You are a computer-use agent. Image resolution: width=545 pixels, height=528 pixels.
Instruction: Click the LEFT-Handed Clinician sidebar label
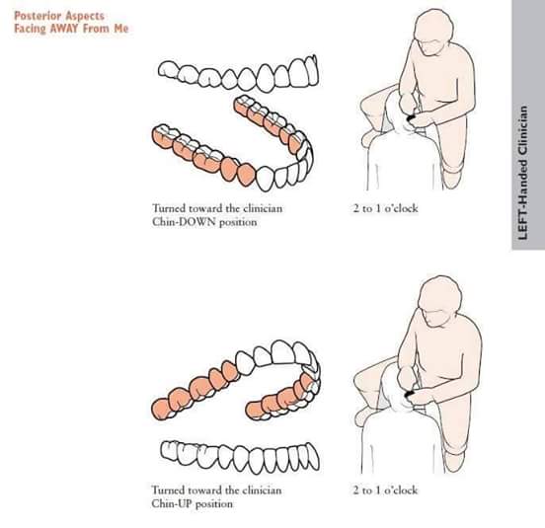[x=523, y=173]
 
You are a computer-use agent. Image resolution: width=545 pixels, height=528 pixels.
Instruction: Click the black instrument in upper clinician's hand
[x=411, y=118]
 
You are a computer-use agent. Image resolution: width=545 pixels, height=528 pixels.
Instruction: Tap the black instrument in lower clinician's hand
[x=410, y=394]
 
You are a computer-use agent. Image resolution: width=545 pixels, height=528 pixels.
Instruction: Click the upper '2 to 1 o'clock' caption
[x=385, y=208]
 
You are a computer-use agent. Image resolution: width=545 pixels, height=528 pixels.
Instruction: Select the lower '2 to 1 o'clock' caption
[x=385, y=490]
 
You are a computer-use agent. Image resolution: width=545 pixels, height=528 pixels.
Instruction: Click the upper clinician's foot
[x=452, y=179]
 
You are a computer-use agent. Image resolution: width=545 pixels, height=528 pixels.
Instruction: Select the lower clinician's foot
[x=454, y=461]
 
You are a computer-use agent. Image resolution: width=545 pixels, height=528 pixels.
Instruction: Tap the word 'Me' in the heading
[x=121, y=29]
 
